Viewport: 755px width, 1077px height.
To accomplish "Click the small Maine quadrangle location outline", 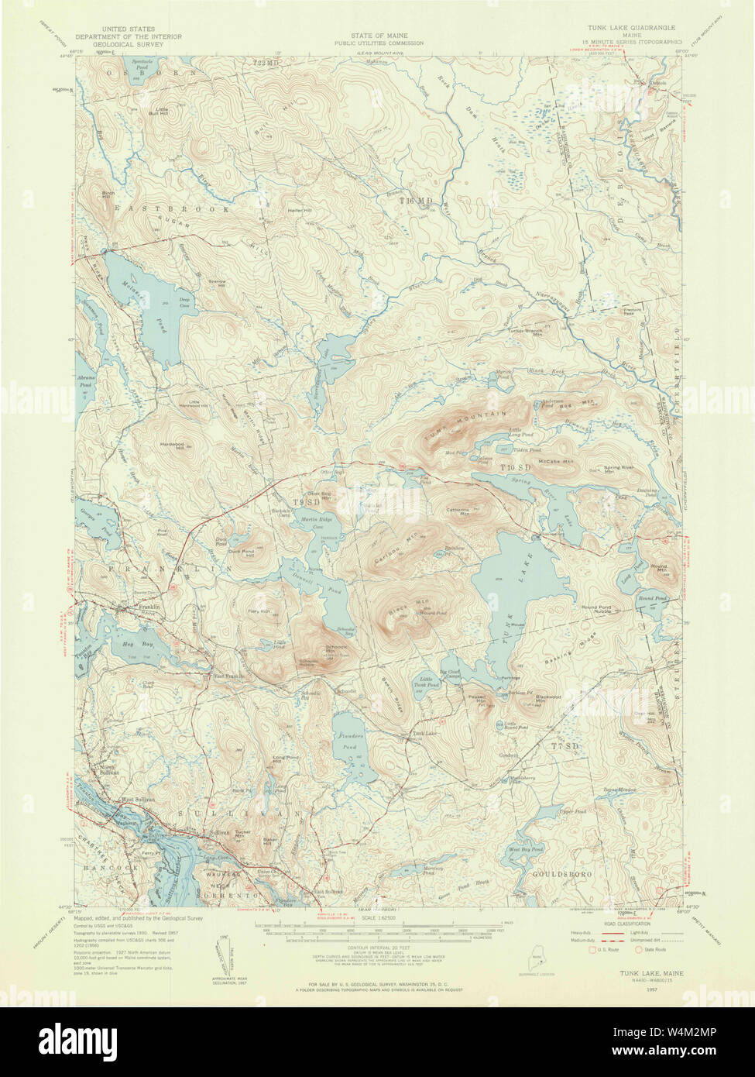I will pyautogui.click(x=532, y=959).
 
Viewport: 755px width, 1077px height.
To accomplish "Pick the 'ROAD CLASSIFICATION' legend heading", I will pyautogui.click(x=619, y=924).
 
